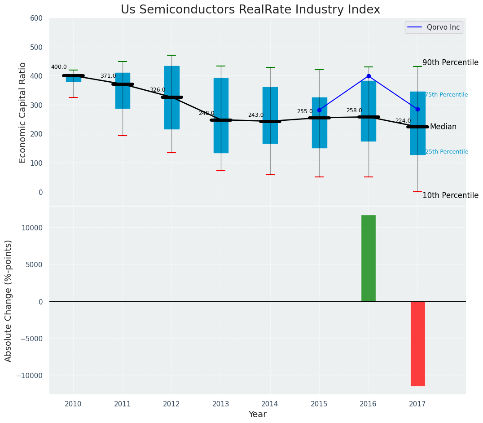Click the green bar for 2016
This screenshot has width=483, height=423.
tap(368, 258)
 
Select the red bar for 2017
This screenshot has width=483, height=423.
tap(417, 344)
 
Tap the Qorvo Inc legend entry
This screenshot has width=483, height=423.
tap(434, 27)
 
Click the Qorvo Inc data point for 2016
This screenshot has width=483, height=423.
tap(369, 76)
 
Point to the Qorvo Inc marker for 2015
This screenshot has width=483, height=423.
tap(319, 110)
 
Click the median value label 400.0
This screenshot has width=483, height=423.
tap(59, 67)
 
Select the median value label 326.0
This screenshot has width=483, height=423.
tap(157, 90)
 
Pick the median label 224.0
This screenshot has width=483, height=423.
tap(403, 121)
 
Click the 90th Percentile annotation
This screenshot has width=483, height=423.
tap(450, 62)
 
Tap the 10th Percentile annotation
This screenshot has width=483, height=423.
tap(450, 195)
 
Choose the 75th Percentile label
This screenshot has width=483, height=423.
tap(446, 95)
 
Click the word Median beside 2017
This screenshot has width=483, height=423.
tap(443, 127)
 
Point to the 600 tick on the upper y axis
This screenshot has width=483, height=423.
tap(36, 18)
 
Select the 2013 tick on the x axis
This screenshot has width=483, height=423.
tap(221, 404)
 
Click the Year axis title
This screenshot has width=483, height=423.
tap(258, 414)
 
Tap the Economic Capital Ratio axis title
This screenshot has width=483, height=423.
tap(23, 112)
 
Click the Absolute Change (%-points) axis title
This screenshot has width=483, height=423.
tap(9, 300)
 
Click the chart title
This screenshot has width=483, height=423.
tap(250, 10)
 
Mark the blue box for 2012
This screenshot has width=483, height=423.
tap(171, 97)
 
